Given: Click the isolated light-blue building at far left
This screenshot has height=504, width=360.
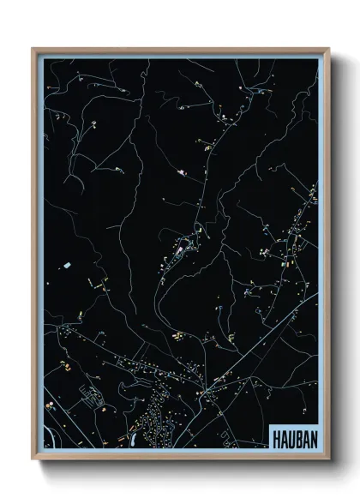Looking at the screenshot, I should pyautogui.click(x=66, y=266).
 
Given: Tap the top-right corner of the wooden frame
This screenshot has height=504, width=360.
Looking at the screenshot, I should pyautogui.click(x=328, y=50).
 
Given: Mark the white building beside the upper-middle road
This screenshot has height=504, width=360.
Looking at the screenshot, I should pyautogui.click(x=181, y=172).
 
